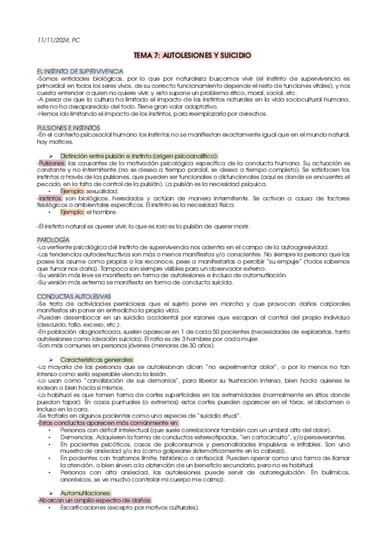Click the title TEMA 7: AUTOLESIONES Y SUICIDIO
pyautogui.click(x=193, y=56)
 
